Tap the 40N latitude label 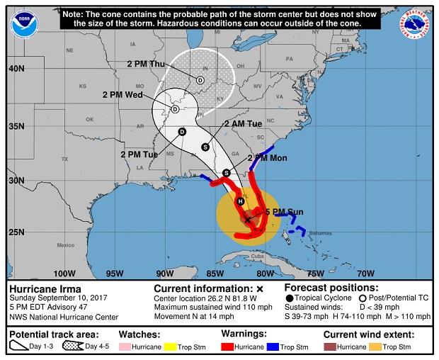[16, 69]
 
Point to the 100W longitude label [64, 274]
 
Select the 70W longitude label [365, 274]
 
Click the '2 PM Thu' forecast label [147, 64]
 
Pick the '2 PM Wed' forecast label [122, 94]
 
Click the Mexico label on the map [65, 245]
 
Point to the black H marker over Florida [241, 201]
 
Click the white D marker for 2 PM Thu [200, 81]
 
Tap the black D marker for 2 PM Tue [182, 132]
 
